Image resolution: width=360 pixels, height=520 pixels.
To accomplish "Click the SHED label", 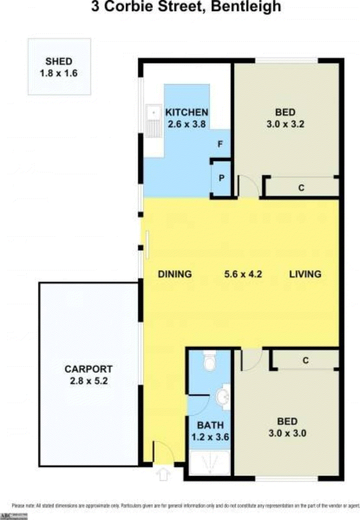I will (x=59, y=61).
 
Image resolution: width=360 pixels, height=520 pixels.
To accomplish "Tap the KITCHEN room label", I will (x=187, y=112).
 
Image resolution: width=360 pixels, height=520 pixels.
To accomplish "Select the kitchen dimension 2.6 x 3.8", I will (x=187, y=124).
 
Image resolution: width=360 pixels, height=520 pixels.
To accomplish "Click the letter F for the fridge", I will (x=220, y=144).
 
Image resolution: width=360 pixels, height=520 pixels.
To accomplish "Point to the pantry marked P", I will (x=221, y=178).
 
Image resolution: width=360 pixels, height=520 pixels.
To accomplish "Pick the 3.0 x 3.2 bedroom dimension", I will (x=285, y=124).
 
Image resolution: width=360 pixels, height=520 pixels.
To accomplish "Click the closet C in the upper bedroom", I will (x=301, y=188).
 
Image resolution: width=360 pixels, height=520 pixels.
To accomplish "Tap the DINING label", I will (x=175, y=274).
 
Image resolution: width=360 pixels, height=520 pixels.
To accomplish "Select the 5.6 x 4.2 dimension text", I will (x=243, y=274).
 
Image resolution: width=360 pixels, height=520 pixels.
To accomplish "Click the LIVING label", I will (x=305, y=274).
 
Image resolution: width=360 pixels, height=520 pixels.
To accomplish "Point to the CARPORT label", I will (x=88, y=369).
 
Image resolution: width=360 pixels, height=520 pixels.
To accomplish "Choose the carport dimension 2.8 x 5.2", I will (x=88, y=381).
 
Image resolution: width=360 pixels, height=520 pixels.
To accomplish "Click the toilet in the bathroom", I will (x=209, y=361).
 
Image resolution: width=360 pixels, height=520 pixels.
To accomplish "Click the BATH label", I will (x=210, y=425).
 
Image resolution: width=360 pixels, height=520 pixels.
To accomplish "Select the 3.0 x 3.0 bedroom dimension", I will (x=287, y=433).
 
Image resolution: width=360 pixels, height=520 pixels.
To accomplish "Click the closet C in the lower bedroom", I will (x=305, y=360).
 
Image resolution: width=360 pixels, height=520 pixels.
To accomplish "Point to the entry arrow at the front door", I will (x=163, y=474).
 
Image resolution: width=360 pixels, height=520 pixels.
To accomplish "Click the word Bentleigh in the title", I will (x=246, y=6).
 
